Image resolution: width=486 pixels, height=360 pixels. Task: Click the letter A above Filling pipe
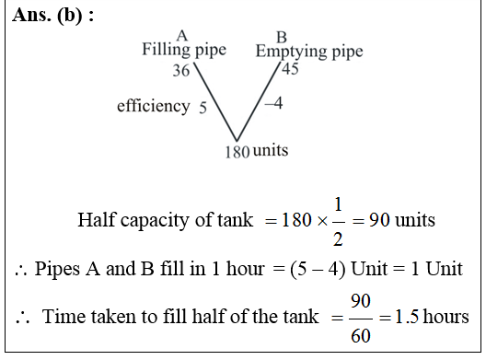[x=180, y=36]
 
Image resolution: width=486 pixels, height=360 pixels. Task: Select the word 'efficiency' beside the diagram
[x=153, y=107]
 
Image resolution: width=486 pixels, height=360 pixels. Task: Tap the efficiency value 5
[x=202, y=108]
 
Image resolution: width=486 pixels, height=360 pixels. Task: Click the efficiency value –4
[x=273, y=103]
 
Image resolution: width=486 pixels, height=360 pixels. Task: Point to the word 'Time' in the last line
[x=62, y=317]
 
